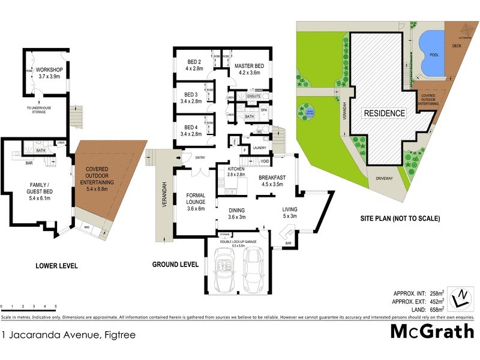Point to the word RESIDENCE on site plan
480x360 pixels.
[x=384, y=113]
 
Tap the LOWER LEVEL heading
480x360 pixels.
[x=56, y=265]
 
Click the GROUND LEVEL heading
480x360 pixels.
[x=175, y=264]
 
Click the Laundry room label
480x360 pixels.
[x=259, y=148]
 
